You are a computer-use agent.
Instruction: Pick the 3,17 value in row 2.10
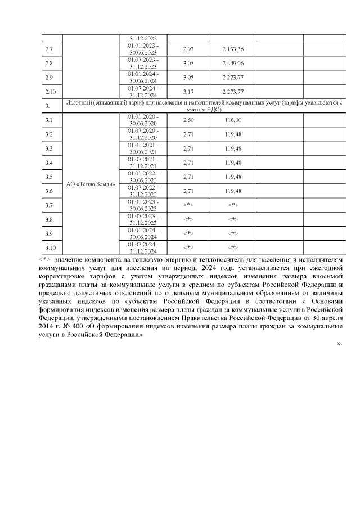tap(188, 91)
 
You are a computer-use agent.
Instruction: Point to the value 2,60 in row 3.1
tap(188, 120)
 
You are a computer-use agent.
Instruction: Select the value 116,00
tap(233, 120)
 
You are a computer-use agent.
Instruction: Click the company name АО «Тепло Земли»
tap(91, 184)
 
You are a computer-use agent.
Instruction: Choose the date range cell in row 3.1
tap(143, 120)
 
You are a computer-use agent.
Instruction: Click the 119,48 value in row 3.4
tap(233, 163)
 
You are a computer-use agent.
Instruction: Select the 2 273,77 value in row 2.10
tap(233, 91)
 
